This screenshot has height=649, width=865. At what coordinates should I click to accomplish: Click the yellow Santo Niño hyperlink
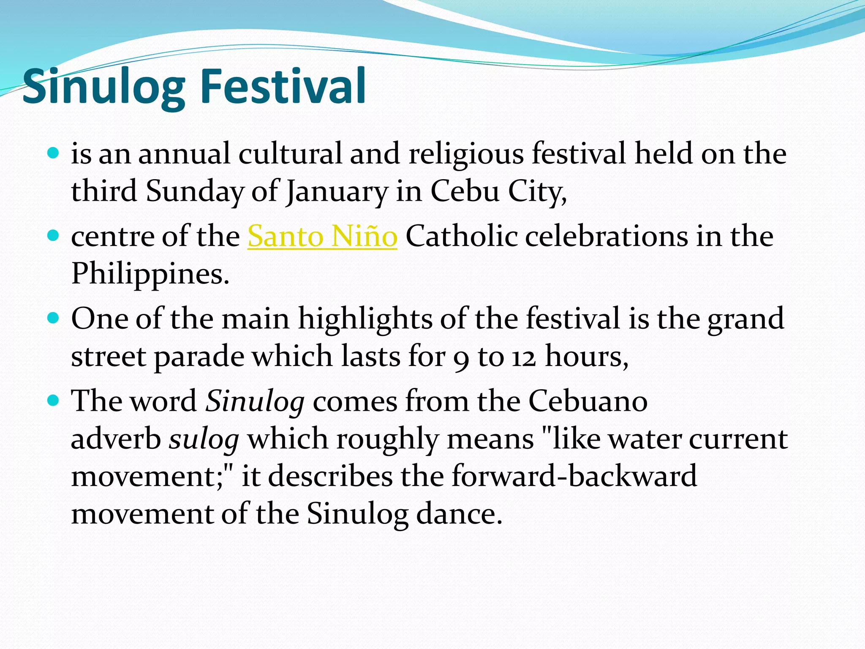(322, 236)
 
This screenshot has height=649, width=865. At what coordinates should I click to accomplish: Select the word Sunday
(195, 191)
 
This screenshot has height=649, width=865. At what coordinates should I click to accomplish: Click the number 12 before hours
(524, 357)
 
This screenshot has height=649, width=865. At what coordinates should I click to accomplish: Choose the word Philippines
(150, 274)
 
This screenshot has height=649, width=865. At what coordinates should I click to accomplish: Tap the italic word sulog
(204, 439)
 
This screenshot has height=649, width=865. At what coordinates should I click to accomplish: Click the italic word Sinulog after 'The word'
(255, 401)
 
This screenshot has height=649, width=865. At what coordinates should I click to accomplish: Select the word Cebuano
(588, 400)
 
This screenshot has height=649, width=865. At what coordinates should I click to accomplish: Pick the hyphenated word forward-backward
(574, 476)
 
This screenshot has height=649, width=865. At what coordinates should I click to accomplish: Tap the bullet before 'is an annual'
(53, 153)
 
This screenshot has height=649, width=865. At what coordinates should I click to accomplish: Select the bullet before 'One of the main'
(53, 317)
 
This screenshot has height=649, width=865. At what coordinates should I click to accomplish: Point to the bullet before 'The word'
(53, 400)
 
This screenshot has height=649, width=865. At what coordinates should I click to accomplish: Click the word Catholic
(461, 236)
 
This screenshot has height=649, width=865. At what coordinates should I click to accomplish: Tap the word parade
(199, 357)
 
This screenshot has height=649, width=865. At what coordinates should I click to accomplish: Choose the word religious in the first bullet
(466, 154)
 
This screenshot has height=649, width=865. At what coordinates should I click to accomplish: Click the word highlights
(365, 319)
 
